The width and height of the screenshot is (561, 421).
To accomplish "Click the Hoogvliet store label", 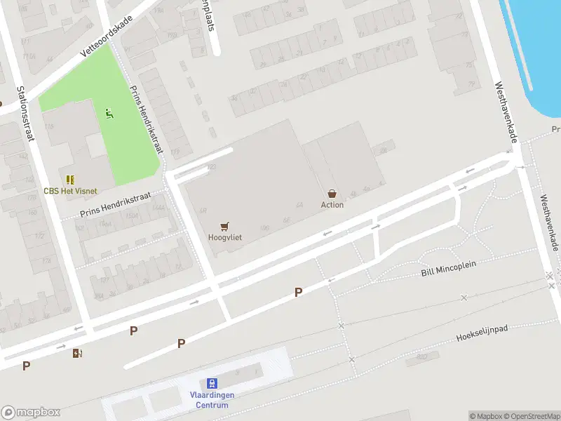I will click(224, 237).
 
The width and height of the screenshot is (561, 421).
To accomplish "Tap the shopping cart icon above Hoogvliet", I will click(224, 226).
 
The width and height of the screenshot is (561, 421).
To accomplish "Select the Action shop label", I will click(332, 205).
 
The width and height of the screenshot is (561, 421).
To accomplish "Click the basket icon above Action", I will click(332, 194).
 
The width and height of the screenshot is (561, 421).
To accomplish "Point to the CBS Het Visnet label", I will click(70, 191).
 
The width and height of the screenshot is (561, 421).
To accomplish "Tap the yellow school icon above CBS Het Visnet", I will click(70, 180).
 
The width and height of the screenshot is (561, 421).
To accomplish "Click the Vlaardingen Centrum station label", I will click(211, 400).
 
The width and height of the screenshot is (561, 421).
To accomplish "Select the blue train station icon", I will click(211, 384).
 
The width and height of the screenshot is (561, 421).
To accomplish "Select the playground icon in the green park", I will click(109, 112).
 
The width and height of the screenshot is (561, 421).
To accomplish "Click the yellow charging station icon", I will click(76, 353).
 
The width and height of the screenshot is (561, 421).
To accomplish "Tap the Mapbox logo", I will click(31, 413).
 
